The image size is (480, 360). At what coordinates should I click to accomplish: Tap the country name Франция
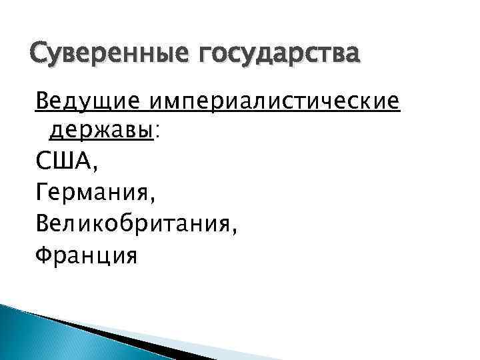86,255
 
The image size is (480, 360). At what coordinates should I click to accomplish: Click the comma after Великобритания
234,230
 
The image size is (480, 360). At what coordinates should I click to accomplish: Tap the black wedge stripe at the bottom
120,333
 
